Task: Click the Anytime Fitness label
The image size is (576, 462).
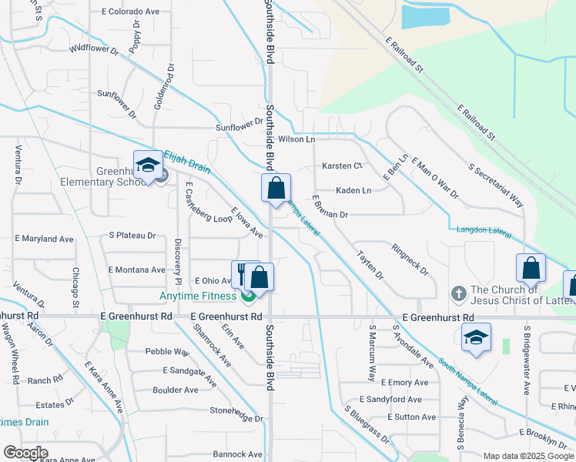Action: [x=199, y=296]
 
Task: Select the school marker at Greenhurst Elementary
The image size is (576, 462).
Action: [x=147, y=166]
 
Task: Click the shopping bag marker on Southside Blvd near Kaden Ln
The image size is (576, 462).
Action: [x=276, y=188]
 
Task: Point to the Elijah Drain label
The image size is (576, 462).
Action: [x=186, y=165]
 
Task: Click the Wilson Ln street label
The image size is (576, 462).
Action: [x=297, y=139]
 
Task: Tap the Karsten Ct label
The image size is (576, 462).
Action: [x=342, y=166]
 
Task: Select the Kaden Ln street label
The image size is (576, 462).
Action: [x=353, y=190]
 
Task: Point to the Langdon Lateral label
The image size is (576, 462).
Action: [x=484, y=229]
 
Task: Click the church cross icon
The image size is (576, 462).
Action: [x=458, y=293]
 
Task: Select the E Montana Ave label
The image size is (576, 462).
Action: [x=137, y=269]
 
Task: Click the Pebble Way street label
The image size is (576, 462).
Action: [x=167, y=352]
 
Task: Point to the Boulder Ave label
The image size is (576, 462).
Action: [x=176, y=390]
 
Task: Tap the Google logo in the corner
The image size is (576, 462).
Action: [x=25, y=453]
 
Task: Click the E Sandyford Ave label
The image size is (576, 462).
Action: [x=393, y=400]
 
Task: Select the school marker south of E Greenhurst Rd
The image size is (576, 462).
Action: [x=476, y=338]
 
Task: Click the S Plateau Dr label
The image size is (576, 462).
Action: [x=132, y=236]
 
